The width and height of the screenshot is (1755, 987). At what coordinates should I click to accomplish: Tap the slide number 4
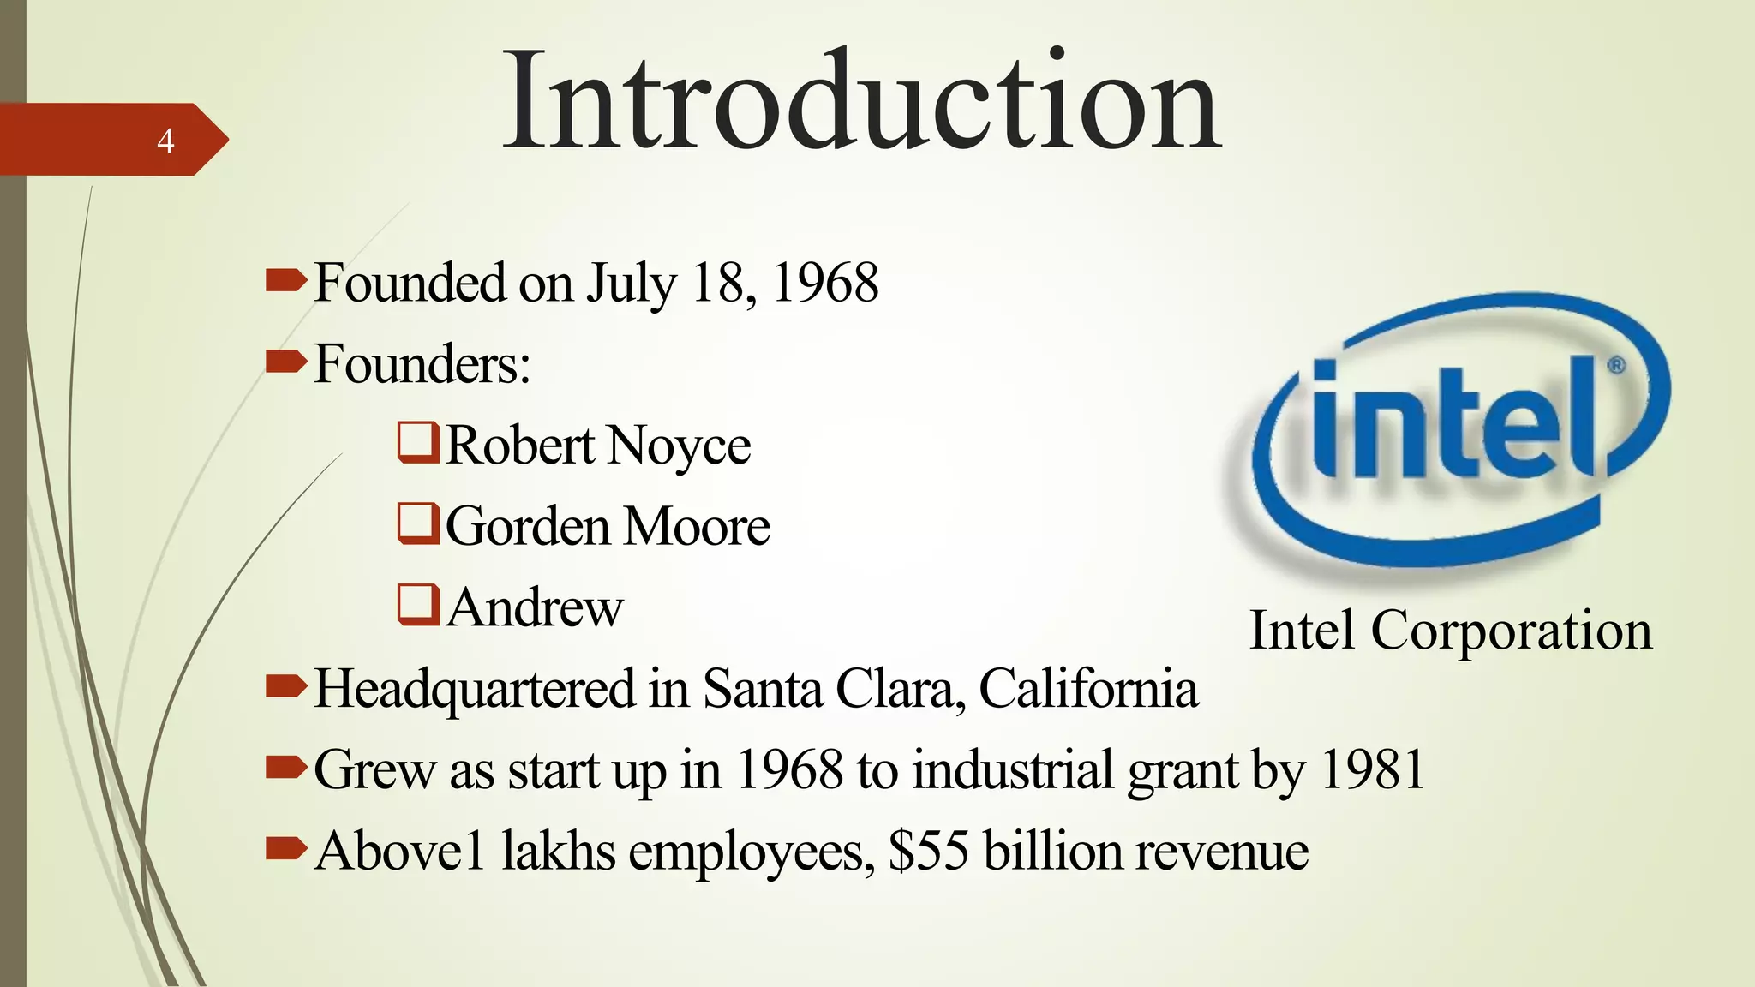pos(165,141)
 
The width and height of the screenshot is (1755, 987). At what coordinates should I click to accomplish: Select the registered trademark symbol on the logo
pos(1615,366)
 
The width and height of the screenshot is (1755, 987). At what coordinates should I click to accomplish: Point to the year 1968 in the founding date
pos(825,283)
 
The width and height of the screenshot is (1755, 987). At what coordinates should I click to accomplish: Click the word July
pos(631,284)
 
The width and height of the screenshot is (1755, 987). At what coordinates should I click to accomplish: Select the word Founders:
pos(422,364)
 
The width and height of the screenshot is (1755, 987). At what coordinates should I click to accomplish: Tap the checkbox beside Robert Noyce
pos(418,442)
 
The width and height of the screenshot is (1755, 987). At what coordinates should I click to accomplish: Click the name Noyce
pos(680,446)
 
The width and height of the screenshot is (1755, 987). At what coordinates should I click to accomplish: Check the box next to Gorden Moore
pos(418,523)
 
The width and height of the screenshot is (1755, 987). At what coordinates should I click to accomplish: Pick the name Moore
pos(696,526)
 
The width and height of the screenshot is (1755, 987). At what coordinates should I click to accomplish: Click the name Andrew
pos(535,607)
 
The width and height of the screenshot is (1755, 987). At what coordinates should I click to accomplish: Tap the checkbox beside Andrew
pos(418,604)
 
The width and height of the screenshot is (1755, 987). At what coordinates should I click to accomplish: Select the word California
pos(1088,688)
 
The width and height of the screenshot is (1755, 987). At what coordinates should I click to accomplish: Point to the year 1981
pos(1373,769)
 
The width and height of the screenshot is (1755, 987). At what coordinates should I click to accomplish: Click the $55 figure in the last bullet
pos(929,851)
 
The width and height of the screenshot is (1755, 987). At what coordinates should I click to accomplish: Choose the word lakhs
pos(558,851)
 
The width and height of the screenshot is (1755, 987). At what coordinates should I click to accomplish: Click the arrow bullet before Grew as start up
pos(285,767)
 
